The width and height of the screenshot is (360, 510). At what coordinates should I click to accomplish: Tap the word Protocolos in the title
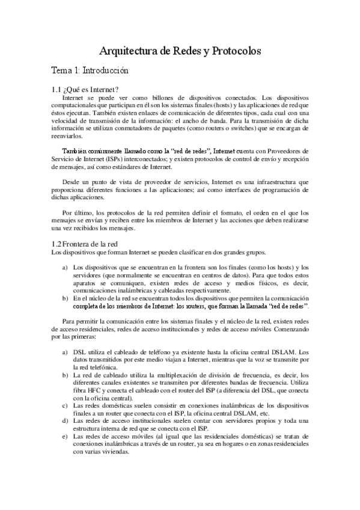coord(235,52)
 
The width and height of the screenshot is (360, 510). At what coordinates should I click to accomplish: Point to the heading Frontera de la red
coord(89,244)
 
